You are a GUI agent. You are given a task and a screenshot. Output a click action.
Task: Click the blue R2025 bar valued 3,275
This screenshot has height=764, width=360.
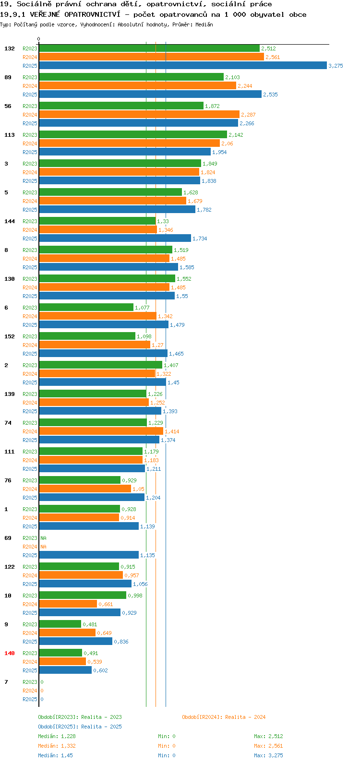point(183,65)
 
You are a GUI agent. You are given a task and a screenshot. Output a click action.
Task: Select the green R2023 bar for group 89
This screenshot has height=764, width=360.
point(132,77)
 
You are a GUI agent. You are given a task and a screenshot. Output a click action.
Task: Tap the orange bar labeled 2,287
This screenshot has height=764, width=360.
point(139,115)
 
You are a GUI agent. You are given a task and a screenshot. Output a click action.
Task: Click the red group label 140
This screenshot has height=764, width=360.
point(10,653)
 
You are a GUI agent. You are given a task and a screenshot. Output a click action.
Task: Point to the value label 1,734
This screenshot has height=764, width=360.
point(200,239)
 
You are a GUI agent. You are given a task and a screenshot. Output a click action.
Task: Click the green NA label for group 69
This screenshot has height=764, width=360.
point(43,538)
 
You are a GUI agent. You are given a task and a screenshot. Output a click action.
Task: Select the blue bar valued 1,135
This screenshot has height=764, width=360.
point(89,555)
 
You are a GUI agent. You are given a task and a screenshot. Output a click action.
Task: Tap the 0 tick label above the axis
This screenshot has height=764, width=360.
point(38,39)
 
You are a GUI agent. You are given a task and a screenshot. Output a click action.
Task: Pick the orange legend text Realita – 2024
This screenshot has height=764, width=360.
point(245,717)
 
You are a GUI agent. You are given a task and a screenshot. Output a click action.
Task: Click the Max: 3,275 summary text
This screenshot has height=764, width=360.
point(268,755)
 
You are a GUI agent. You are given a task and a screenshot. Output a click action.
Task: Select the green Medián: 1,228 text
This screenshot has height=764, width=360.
point(57,736)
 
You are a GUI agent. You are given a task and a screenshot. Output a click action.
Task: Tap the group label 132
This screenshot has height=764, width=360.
point(10,48)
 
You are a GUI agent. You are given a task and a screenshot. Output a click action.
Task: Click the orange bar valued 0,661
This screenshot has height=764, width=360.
point(68,604)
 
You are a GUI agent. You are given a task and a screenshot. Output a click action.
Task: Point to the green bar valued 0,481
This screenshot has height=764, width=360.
point(60,624)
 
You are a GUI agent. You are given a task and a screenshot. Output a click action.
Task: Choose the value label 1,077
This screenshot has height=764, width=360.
point(142,308)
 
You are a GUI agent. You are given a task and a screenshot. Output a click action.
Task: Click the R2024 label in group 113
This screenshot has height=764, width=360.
point(30,143)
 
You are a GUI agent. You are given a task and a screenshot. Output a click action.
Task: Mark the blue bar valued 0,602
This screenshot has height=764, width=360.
point(65,670)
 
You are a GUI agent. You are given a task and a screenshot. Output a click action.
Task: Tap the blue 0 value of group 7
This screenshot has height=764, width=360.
point(42,699)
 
